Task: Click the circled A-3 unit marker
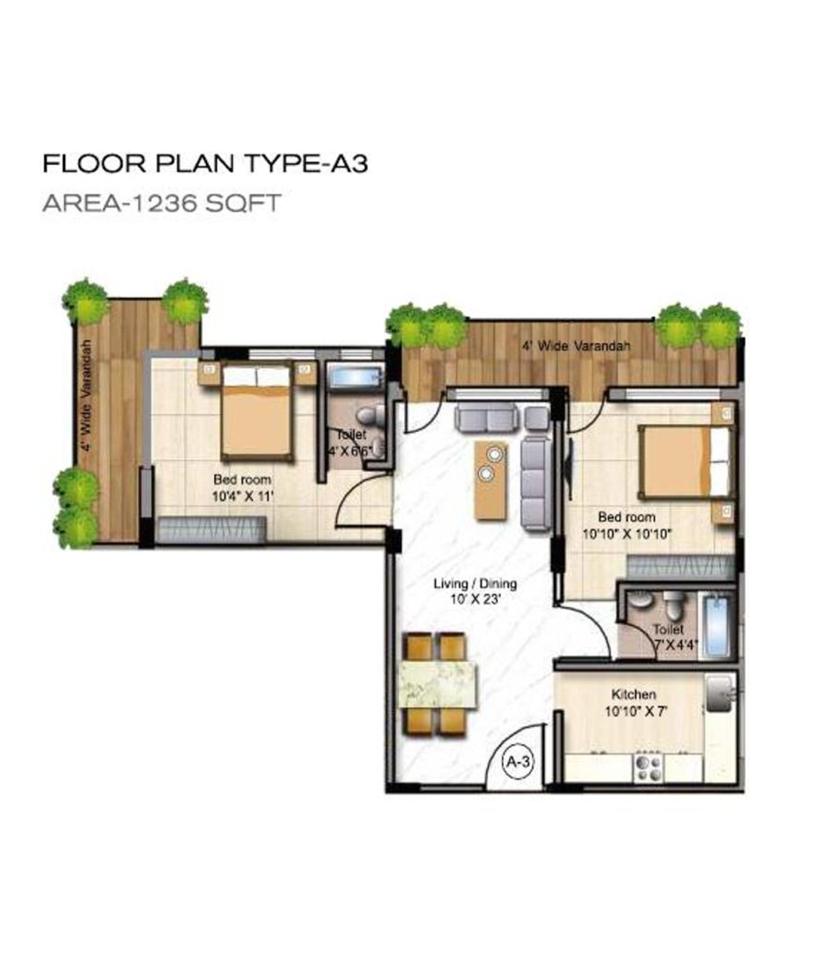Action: pyautogui.click(x=518, y=762)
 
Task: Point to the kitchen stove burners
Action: pyautogui.click(x=649, y=767)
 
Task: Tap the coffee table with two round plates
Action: pyautogui.click(x=491, y=480)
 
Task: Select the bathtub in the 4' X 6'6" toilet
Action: pyautogui.click(x=354, y=377)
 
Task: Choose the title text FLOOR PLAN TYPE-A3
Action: pyautogui.click(x=205, y=164)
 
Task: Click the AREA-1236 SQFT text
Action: pyautogui.click(x=161, y=203)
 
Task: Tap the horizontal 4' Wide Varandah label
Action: pyautogui.click(x=576, y=346)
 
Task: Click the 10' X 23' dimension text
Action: pyautogui.click(x=476, y=599)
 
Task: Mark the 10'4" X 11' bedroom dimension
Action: pyautogui.click(x=242, y=496)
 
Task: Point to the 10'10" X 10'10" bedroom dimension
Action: pyautogui.click(x=627, y=533)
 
